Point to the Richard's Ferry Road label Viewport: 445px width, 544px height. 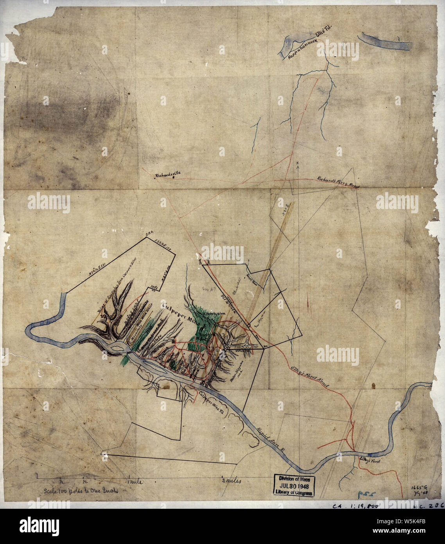click(x=338, y=183)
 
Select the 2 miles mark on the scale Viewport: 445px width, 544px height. click(x=232, y=481)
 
